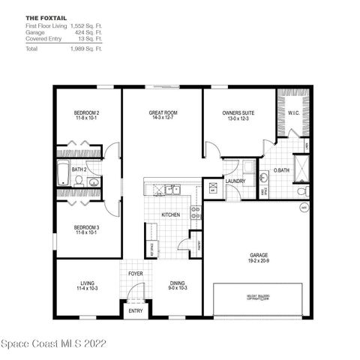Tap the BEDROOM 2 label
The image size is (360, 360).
click(x=87, y=113)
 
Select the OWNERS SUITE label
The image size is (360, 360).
click(x=238, y=113)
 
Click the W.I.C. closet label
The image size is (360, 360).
click(x=293, y=114)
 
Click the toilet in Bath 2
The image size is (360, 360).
click(x=77, y=180)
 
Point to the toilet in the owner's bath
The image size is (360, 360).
click(x=302, y=191)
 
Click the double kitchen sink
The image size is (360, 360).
click(x=172, y=190)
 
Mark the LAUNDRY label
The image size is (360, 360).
click(x=235, y=181)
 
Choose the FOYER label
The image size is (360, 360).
click(x=135, y=274)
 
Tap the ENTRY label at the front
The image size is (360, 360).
click(x=136, y=310)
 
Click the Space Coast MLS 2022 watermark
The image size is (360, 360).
click(x=54, y=343)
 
